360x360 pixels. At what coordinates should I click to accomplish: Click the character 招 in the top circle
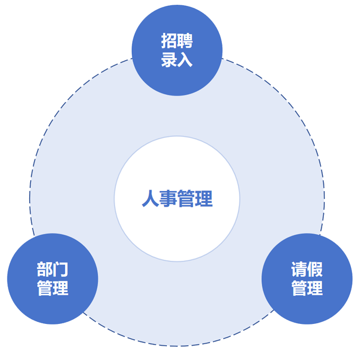click(x=169, y=41)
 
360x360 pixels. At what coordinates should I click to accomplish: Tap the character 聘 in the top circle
click(x=185, y=41)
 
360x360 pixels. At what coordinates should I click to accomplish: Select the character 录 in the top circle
click(x=169, y=59)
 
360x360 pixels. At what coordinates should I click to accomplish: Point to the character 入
click(x=185, y=59)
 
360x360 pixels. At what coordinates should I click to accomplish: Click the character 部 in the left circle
click(x=45, y=270)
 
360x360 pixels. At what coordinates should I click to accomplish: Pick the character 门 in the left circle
click(x=61, y=270)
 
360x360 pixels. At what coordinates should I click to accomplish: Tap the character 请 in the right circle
click(x=299, y=270)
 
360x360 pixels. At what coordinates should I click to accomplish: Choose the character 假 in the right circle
click(x=315, y=270)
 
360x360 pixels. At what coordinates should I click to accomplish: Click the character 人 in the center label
click(x=150, y=199)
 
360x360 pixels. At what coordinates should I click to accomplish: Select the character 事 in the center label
click(x=168, y=199)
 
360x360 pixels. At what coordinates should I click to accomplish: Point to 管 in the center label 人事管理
click(x=186, y=199)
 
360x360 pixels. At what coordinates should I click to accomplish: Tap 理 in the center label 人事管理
click(x=204, y=199)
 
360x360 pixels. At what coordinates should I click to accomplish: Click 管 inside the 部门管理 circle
click(x=45, y=288)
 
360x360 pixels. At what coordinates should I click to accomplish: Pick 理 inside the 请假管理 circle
click(x=315, y=288)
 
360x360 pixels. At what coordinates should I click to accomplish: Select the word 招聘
click(x=177, y=41)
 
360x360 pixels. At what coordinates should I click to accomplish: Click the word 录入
click(x=177, y=59)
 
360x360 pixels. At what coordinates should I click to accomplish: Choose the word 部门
click(x=53, y=270)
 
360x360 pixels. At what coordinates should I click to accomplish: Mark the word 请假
click(x=307, y=270)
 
